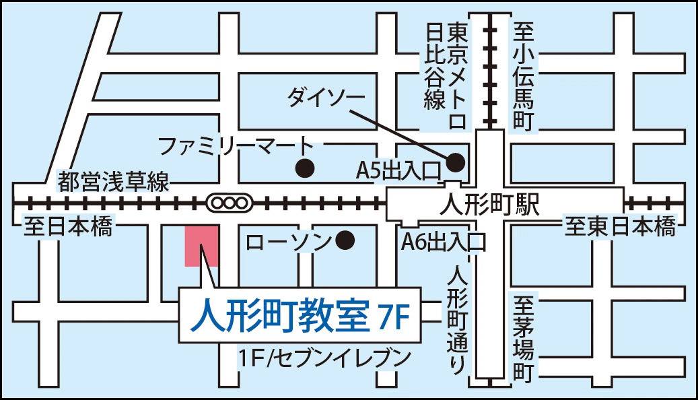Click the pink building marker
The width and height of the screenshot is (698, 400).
pyautogui.click(x=201, y=246)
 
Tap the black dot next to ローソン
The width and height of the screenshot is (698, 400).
pyautogui.click(x=346, y=239)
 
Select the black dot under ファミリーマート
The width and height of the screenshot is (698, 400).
pyautogui.click(x=306, y=168)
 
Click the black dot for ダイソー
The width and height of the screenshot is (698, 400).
pyautogui.click(x=456, y=162)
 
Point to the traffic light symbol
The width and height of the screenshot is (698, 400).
pyautogui.click(x=230, y=201)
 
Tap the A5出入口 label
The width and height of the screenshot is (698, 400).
pyautogui.click(x=397, y=172)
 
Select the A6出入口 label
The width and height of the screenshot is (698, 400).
pyautogui.click(x=443, y=240)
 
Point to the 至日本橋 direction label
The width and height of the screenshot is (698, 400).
pyautogui.click(x=68, y=226)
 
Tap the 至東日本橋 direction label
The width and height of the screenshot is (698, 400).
pyautogui.click(x=619, y=226)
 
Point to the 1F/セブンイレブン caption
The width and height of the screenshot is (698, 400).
pyautogui.click(x=324, y=357)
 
